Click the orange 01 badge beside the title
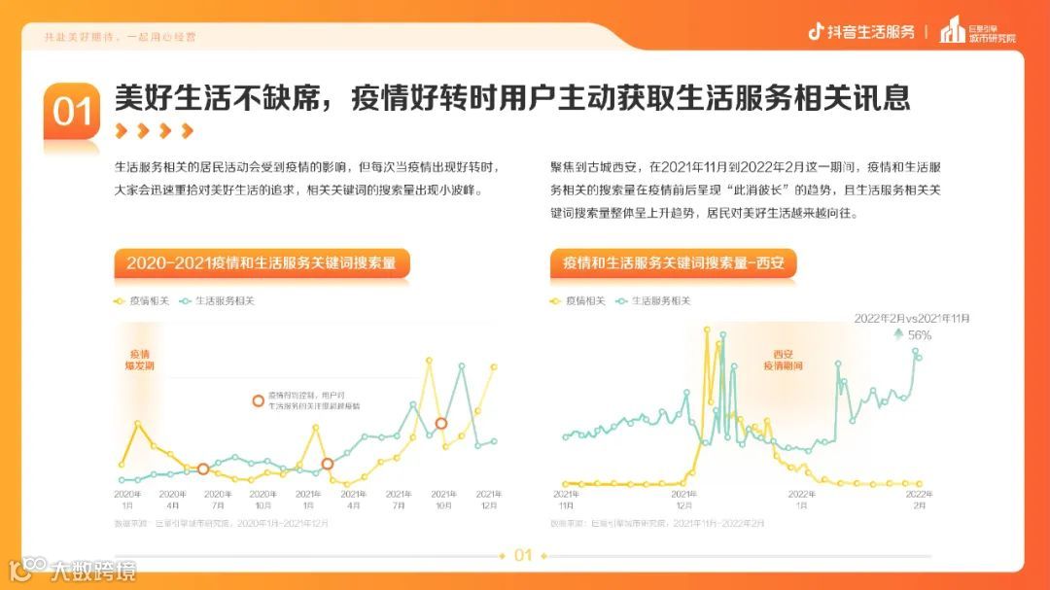(x=72, y=112)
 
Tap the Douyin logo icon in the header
(x=816, y=31)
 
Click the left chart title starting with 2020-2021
(x=262, y=262)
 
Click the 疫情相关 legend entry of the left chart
(x=142, y=301)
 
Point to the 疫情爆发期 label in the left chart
(x=141, y=361)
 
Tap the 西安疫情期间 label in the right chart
(x=784, y=361)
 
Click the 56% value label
(x=919, y=335)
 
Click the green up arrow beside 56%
(x=898, y=334)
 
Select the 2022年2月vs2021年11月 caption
(x=912, y=318)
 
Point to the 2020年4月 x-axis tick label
(x=171, y=500)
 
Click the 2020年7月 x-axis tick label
(x=218, y=500)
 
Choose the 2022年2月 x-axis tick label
(x=918, y=500)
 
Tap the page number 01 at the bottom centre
(x=523, y=556)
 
